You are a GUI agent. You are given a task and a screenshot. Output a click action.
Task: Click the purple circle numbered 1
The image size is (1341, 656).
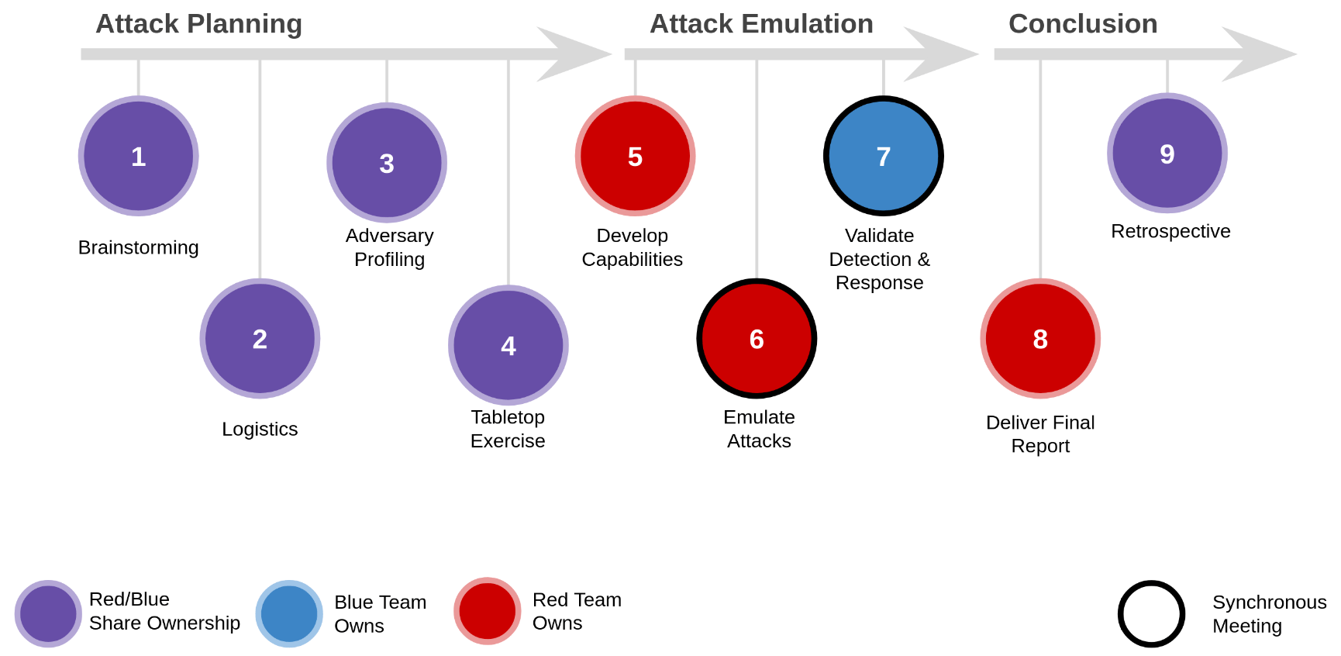[x=139, y=156]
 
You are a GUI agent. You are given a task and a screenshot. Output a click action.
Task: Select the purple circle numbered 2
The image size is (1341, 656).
[x=260, y=339]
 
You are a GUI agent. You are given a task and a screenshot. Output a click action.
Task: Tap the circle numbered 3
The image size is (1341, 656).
[x=387, y=163]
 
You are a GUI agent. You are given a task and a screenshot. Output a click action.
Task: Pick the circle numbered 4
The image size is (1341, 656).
[x=508, y=345]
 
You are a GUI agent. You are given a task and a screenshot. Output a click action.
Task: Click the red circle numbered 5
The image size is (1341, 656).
[x=635, y=156]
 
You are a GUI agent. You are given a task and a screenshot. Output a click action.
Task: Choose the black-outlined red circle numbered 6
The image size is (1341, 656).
[x=757, y=339]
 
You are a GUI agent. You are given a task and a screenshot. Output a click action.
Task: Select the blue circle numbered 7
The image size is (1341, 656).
[x=883, y=156]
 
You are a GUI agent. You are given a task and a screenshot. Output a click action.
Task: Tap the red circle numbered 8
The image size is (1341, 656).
[x=1040, y=339]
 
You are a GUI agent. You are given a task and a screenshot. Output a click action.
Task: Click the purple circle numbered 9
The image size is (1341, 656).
[x=1167, y=154]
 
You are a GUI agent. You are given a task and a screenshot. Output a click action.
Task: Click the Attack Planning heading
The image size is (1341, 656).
[x=198, y=24]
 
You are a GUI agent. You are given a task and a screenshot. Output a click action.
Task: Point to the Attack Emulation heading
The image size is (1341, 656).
[x=761, y=24]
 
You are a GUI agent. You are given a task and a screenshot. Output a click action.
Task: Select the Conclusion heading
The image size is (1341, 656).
[x=1083, y=24]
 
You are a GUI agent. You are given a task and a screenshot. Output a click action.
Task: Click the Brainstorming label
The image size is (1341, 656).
[x=139, y=247]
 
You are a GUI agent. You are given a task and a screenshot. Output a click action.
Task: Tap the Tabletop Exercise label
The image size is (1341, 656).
[x=508, y=429]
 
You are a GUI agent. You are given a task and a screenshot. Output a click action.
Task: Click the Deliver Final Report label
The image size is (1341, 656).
[x=1040, y=434]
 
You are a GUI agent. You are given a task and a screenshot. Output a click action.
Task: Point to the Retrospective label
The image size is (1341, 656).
[x=1170, y=231]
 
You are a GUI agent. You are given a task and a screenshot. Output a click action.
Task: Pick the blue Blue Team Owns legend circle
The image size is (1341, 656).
[x=289, y=613]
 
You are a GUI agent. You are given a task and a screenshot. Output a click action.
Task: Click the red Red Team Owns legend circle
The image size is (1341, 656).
[x=488, y=611]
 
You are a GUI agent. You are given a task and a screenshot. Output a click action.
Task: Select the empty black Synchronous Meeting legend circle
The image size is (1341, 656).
[x=1151, y=613]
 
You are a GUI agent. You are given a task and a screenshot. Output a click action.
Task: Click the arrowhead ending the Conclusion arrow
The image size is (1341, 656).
[x=1263, y=54]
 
